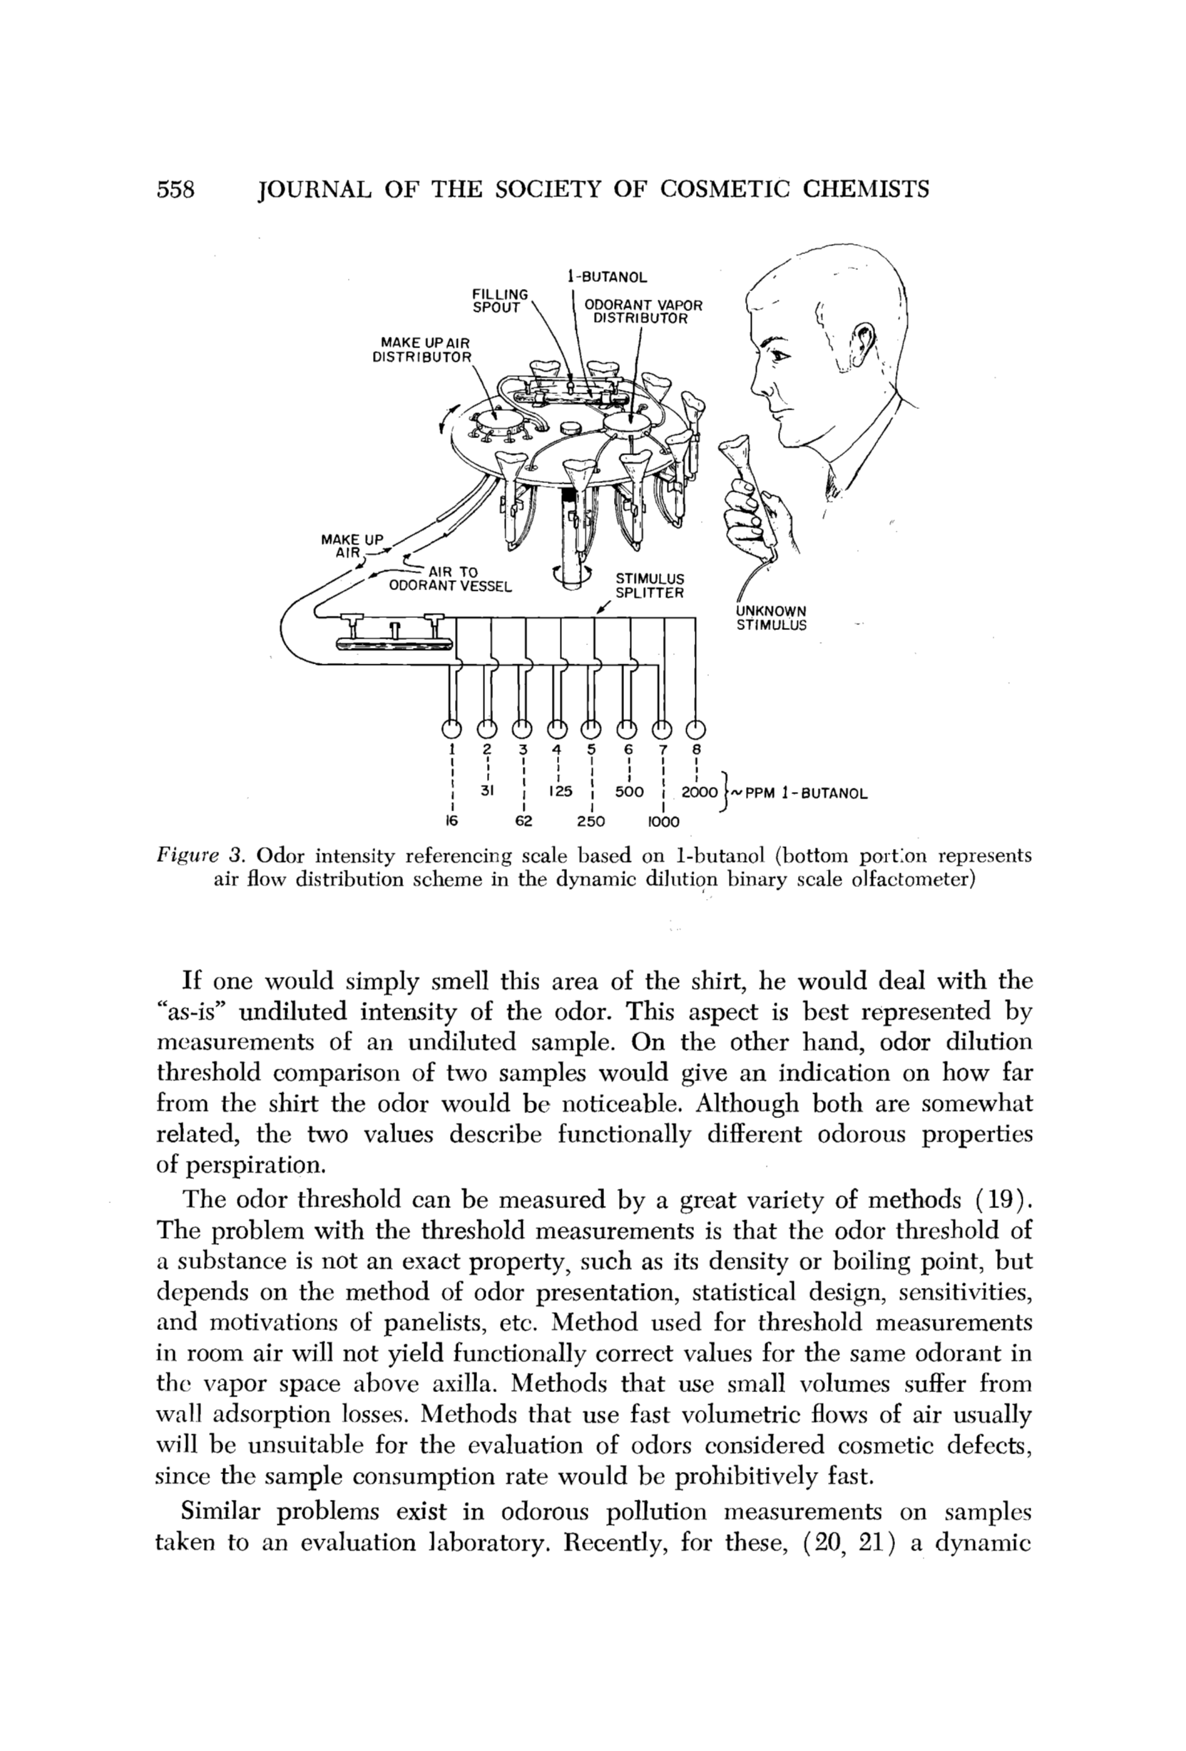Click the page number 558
coord(175,188)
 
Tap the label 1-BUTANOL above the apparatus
coord(607,277)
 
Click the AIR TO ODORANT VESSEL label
coord(449,579)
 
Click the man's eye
coord(773,353)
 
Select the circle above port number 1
coord(451,729)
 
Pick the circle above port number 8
coord(697,729)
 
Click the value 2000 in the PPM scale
coord(700,792)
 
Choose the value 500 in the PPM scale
coord(628,792)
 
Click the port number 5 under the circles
coord(591,750)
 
